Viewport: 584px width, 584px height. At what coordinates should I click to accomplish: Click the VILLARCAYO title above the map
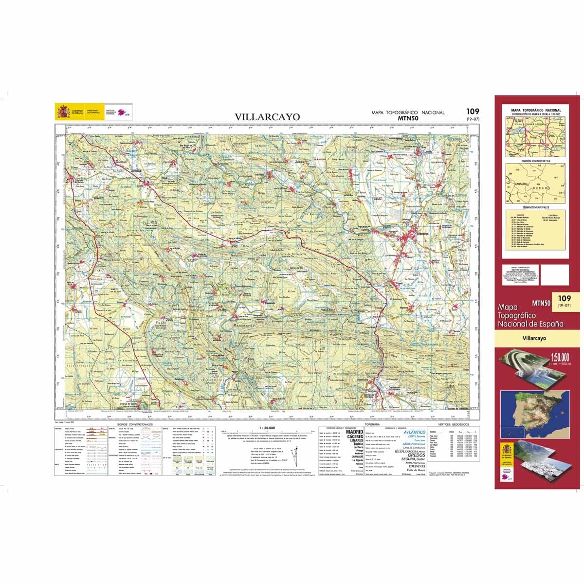pos(267,117)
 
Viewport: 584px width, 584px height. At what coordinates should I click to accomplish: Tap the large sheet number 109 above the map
pos(472,111)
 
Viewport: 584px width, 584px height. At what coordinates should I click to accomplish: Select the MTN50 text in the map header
pos(408,118)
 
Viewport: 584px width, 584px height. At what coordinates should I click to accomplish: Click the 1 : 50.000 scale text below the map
pos(264,427)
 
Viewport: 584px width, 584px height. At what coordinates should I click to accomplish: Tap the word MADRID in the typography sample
pos(354,432)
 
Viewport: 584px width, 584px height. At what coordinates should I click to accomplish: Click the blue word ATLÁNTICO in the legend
pos(414,432)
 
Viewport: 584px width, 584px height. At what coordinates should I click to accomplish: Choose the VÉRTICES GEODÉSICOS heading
pos(451,424)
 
